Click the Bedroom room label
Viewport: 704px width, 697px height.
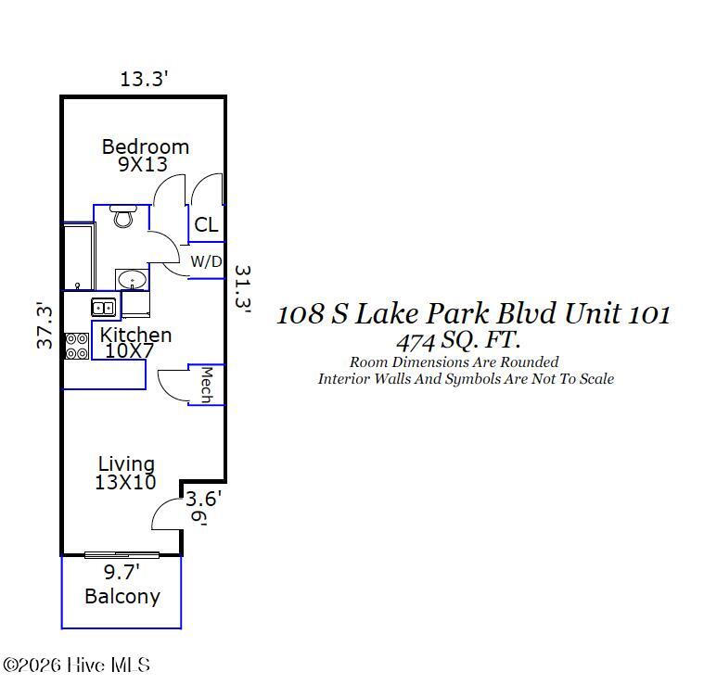[145, 146]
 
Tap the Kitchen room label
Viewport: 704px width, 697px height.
[135, 335]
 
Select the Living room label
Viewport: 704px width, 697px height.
[126, 463]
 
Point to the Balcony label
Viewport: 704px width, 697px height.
[122, 596]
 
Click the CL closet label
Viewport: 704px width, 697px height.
[206, 224]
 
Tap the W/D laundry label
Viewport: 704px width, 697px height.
[206, 261]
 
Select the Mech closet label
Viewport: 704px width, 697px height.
[207, 385]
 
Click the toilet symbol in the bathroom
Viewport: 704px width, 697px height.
[122, 217]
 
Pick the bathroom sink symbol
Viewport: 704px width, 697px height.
[130, 278]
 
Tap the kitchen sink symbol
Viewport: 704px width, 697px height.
[102, 307]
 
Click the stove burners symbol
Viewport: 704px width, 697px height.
[76, 346]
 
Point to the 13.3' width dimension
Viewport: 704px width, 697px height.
[143, 79]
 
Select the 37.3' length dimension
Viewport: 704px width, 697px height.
[45, 325]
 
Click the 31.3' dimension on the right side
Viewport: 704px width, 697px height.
[242, 290]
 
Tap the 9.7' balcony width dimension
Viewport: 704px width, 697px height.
[121, 573]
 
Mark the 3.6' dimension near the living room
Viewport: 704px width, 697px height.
[203, 498]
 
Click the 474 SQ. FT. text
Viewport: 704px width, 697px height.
[458, 339]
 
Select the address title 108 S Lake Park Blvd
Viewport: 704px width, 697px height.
[473, 313]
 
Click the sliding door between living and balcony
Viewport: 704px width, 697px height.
[122, 554]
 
